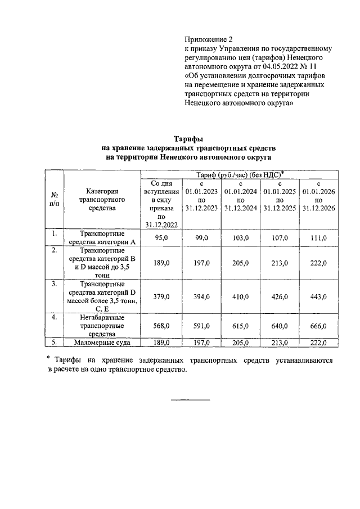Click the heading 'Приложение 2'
[208, 39]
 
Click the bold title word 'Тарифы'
[187, 138]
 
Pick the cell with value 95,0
[162, 238]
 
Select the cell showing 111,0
[318, 238]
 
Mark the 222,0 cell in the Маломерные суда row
[318, 342]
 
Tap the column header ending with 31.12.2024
[240, 200]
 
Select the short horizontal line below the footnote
[190, 400]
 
